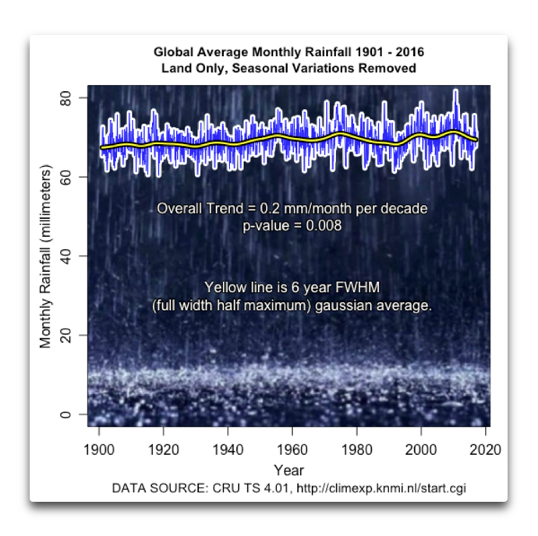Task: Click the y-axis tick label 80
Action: [x=66, y=98]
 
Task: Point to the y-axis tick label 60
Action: [x=66, y=178]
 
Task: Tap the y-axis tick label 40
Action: [x=66, y=256]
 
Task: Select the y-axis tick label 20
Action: [x=66, y=336]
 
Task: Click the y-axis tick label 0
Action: [x=66, y=414]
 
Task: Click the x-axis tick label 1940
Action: [x=228, y=450]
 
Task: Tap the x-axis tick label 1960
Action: [x=292, y=450]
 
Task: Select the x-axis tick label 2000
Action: [x=421, y=450]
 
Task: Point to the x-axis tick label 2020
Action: [x=485, y=450]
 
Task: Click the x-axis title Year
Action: [x=288, y=470]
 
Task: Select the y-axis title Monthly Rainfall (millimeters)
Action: [x=46, y=256]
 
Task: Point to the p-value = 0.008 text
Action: [x=292, y=225]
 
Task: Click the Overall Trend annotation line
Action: [x=292, y=210]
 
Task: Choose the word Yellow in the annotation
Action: [x=223, y=285]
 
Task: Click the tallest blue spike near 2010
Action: [x=455, y=92]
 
